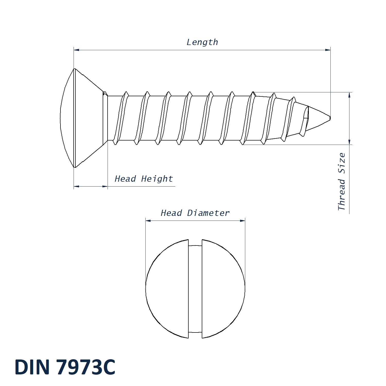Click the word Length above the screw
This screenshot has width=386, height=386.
[x=202, y=42]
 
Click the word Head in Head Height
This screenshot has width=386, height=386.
[x=125, y=179]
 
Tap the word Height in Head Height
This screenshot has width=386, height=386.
[x=157, y=179]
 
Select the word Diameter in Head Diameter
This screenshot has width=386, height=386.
[x=208, y=213]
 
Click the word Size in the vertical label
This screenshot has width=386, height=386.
[x=341, y=163]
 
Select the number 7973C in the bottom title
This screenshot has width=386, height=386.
[x=86, y=367]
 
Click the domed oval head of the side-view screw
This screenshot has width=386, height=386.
[x=67, y=118]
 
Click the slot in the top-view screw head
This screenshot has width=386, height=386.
[x=195, y=289]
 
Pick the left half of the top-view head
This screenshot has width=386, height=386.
[x=167, y=289]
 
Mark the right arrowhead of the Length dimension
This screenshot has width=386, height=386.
[x=328, y=50]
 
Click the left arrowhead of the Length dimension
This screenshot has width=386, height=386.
[x=76, y=50]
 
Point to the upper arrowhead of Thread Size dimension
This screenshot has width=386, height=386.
[x=349, y=95]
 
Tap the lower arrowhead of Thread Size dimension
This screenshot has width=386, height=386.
[x=349, y=142]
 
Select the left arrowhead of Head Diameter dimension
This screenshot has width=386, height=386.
[x=148, y=221]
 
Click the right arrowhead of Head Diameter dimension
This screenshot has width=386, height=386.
[x=242, y=221]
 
